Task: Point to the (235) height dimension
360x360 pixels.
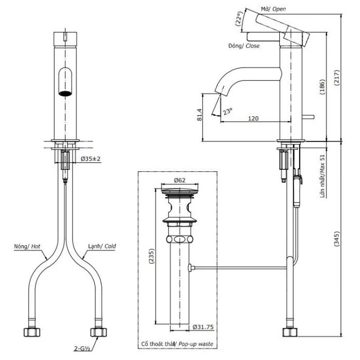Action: [x=150, y=256]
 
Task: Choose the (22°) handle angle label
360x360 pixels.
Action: [x=238, y=19]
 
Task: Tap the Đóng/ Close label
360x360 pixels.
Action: [x=243, y=46]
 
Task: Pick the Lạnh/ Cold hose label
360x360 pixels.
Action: [x=102, y=247]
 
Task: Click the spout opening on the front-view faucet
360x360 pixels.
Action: [x=64, y=92]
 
